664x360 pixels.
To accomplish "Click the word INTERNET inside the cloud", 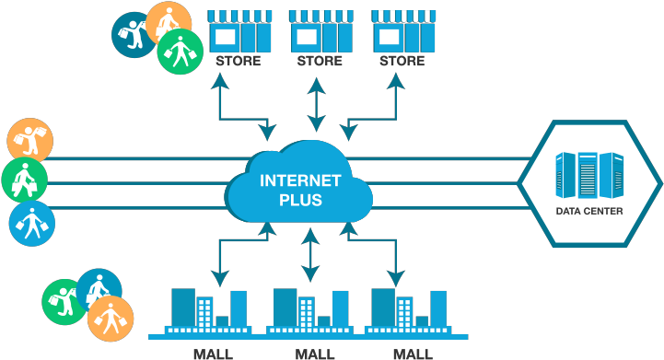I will point(301,180).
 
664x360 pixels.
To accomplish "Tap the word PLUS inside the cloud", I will point(301,198).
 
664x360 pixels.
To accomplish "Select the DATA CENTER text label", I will point(589,212).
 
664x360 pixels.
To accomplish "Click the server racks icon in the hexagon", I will point(589,175).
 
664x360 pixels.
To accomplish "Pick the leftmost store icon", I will point(239,31).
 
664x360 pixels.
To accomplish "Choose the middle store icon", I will point(320,31).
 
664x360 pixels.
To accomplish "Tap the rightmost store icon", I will point(402,31).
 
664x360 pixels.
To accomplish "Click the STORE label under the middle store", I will point(320,62).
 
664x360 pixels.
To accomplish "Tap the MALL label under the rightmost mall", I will point(412,354).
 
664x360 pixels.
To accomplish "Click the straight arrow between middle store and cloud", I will point(316,103).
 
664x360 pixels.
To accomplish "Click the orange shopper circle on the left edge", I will point(30,141).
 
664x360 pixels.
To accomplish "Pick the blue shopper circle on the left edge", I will point(32,223).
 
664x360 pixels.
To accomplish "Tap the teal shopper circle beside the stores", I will point(134,34).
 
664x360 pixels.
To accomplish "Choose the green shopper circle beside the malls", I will point(64,301).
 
